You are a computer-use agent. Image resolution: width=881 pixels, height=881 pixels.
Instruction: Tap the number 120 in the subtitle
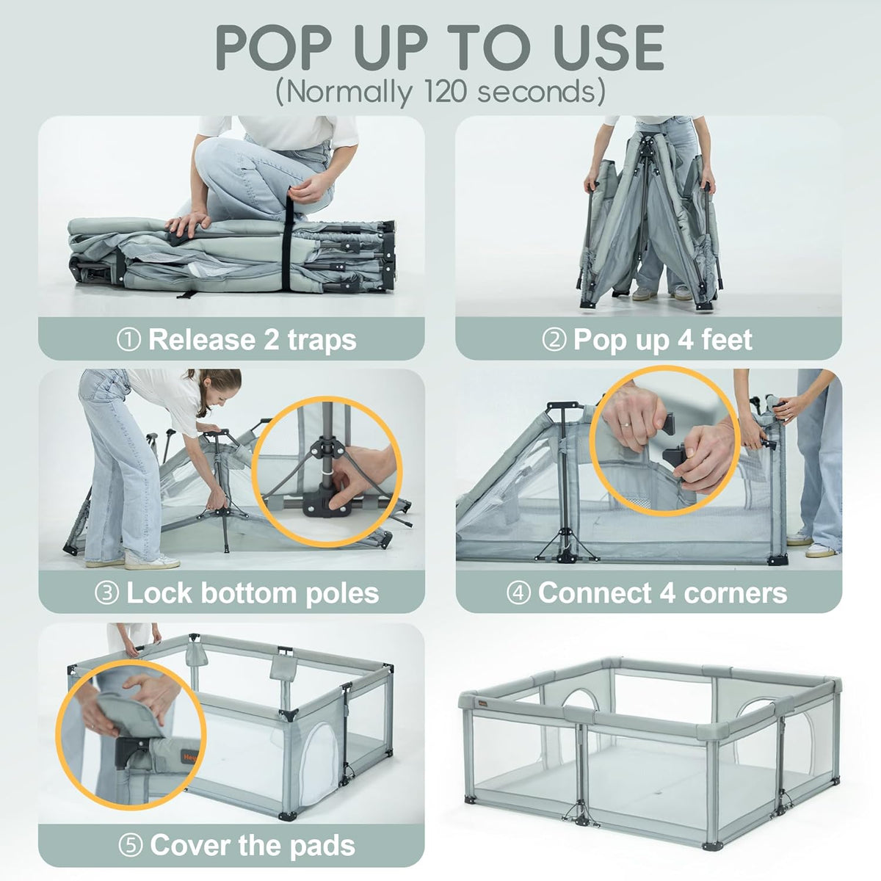coord(446,92)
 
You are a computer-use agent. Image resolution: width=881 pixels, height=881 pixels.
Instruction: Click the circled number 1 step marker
coord(128,340)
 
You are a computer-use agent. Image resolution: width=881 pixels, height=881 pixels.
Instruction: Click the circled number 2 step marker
coord(554,340)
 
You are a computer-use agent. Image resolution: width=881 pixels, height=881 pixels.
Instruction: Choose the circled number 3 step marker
coord(106,593)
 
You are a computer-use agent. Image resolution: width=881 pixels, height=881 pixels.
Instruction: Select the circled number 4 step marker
coord(518,593)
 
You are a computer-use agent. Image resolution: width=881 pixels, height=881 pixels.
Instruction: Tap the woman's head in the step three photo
coord(223,391)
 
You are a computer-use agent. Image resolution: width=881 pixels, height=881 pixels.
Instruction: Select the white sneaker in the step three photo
coord(152,560)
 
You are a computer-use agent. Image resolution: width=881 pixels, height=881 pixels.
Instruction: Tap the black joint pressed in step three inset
coord(322,504)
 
